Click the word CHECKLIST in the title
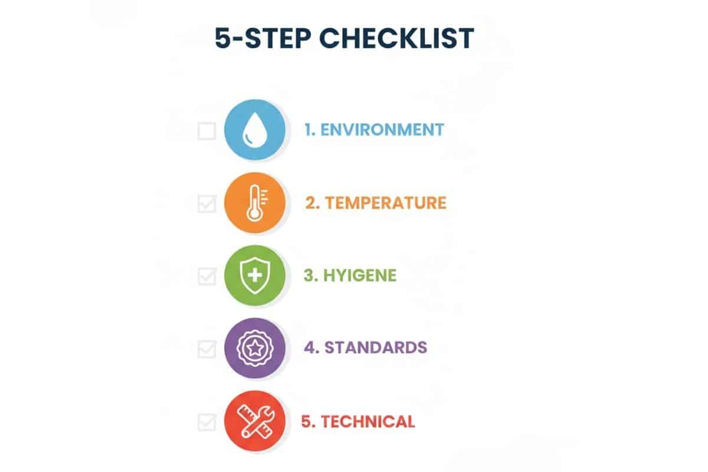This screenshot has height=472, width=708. pyautogui.click(x=396, y=38)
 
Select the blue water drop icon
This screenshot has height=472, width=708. pyautogui.click(x=255, y=130)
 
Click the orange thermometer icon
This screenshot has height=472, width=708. pyautogui.click(x=255, y=202)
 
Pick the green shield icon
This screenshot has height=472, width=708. pyautogui.click(x=255, y=276)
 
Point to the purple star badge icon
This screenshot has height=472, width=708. pyautogui.click(x=255, y=348)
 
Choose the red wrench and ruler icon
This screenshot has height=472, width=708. pyautogui.click(x=255, y=421)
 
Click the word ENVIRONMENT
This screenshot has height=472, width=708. pyautogui.click(x=382, y=130)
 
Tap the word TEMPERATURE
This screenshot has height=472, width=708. pyautogui.click(x=386, y=202)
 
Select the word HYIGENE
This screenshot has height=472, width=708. pyautogui.click(x=360, y=276)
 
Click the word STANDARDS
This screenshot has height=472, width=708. pyautogui.click(x=376, y=348)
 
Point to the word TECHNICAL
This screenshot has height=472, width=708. pyautogui.click(x=368, y=421)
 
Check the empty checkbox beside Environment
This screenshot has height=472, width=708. pyautogui.click(x=206, y=130)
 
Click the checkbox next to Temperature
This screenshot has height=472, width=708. pyautogui.click(x=207, y=204)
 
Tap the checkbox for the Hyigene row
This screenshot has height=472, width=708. pyautogui.click(x=207, y=276)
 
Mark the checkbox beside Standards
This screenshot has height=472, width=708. pyautogui.click(x=207, y=349)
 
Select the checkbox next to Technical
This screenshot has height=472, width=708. pyautogui.click(x=207, y=422)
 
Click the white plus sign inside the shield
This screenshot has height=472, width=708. pyautogui.click(x=255, y=276)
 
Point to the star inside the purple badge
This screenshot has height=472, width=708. pyautogui.click(x=255, y=348)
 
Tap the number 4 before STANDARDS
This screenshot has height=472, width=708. pyautogui.click(x=309, y=348)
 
